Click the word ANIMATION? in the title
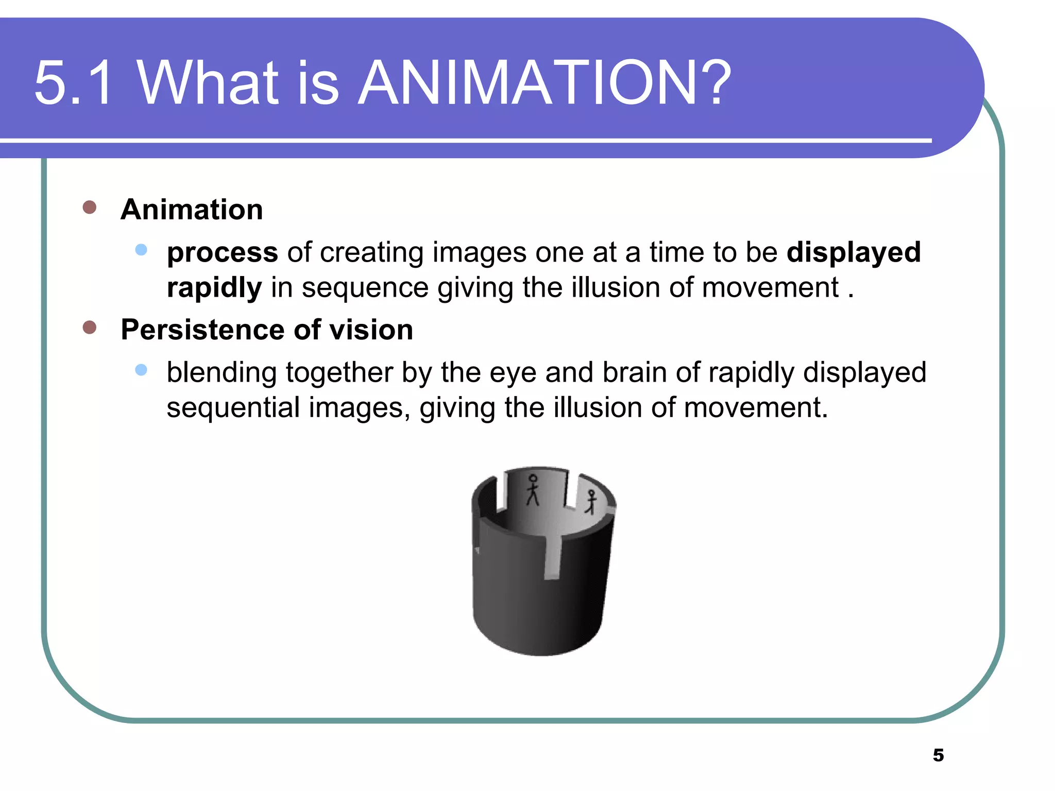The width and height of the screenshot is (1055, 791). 543,82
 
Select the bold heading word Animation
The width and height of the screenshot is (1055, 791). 192,210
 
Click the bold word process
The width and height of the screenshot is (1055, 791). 223,252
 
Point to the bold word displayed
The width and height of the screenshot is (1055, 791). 854,252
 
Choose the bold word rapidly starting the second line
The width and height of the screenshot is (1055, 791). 214,287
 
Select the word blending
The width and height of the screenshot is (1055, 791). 222,372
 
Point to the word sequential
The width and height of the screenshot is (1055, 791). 233,407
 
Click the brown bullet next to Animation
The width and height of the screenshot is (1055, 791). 90,207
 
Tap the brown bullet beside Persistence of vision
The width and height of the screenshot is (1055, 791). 90,327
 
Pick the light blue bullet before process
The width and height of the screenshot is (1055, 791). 141,250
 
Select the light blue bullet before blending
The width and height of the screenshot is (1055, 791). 141,370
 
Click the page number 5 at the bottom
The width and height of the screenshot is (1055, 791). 938,755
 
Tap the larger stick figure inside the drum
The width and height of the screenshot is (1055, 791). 533,490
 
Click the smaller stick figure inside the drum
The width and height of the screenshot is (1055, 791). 591,502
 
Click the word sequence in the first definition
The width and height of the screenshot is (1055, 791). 365,287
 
